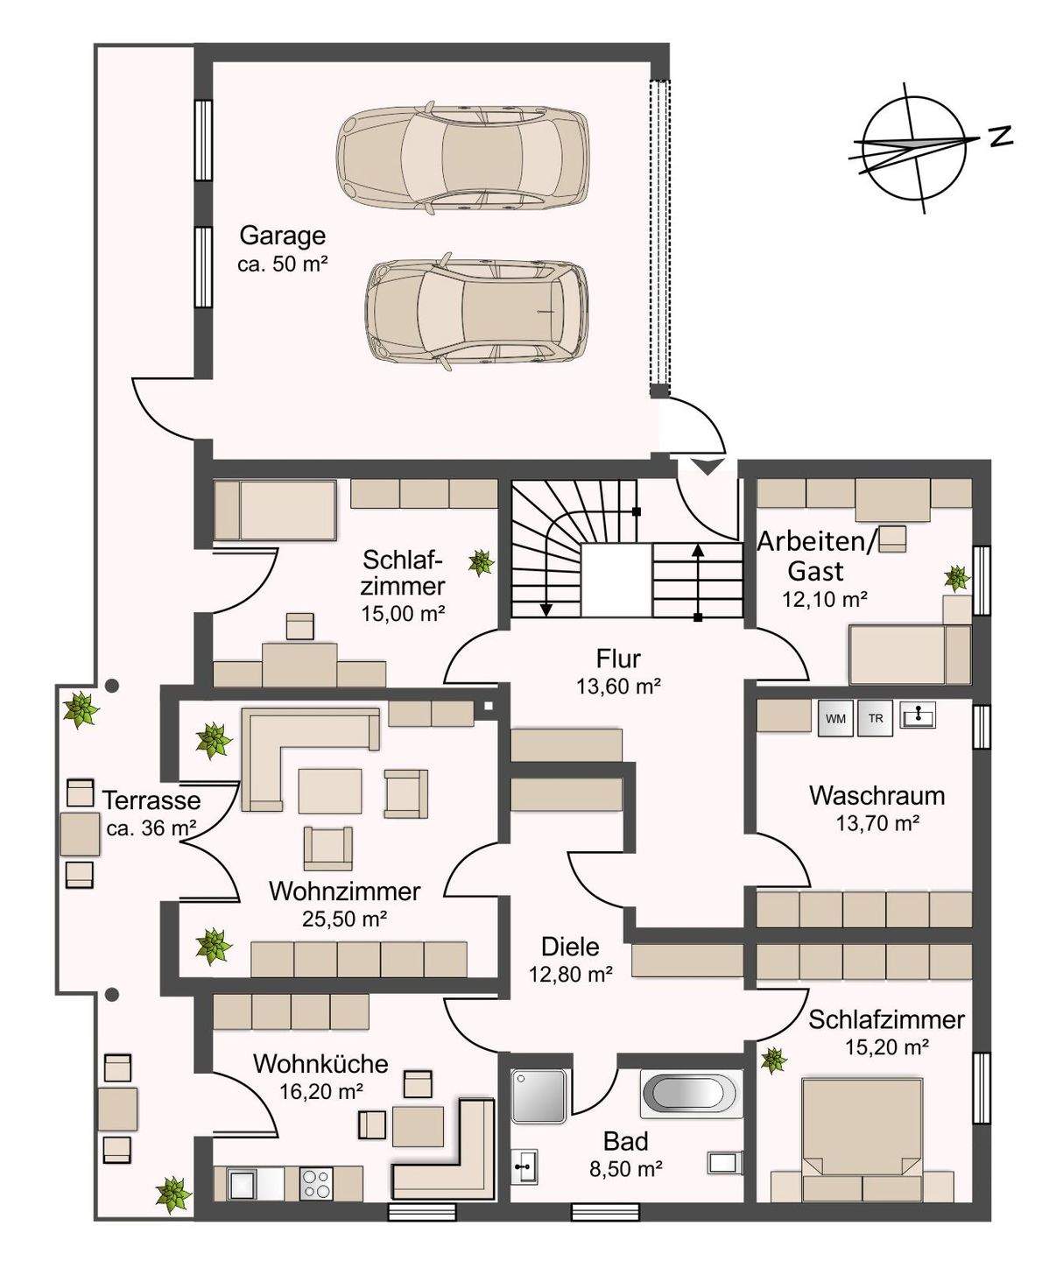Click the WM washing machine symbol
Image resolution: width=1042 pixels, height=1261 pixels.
pyautogui.click(x=835, y=719)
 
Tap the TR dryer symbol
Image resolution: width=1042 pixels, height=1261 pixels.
pyautogui.click(x=876, y=719)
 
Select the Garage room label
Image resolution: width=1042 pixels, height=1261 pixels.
pyautogui.click(x=283, y=236)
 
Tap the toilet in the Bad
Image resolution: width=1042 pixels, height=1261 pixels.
pyautogui.click(x=726, y=1163)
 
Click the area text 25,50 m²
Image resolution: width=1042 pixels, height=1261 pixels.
pyautogui.click(x=344, y=919)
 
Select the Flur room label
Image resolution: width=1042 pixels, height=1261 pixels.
pyautogui.click(x=618, y=659)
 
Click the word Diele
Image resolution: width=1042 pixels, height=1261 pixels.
pyautogui.click(x=570, y=947)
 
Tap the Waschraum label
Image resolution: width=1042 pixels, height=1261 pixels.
pyautogui.click(x=877, y=795)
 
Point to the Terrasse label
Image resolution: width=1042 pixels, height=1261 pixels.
pyautogui.click(x=151, y=800)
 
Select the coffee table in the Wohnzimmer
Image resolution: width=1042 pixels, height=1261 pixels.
pyautogui.click(x=330, y=791)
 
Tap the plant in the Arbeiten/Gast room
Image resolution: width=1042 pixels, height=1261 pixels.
pyautogui.click(x=957, y=578)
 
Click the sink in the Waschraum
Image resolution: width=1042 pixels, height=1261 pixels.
pyautogui.click(x=918, y=716)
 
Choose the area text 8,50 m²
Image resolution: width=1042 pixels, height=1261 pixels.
pyautogui.click(x=626, y=1170)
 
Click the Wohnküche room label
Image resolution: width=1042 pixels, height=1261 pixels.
pyautogui.click(x=320, y=1064)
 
